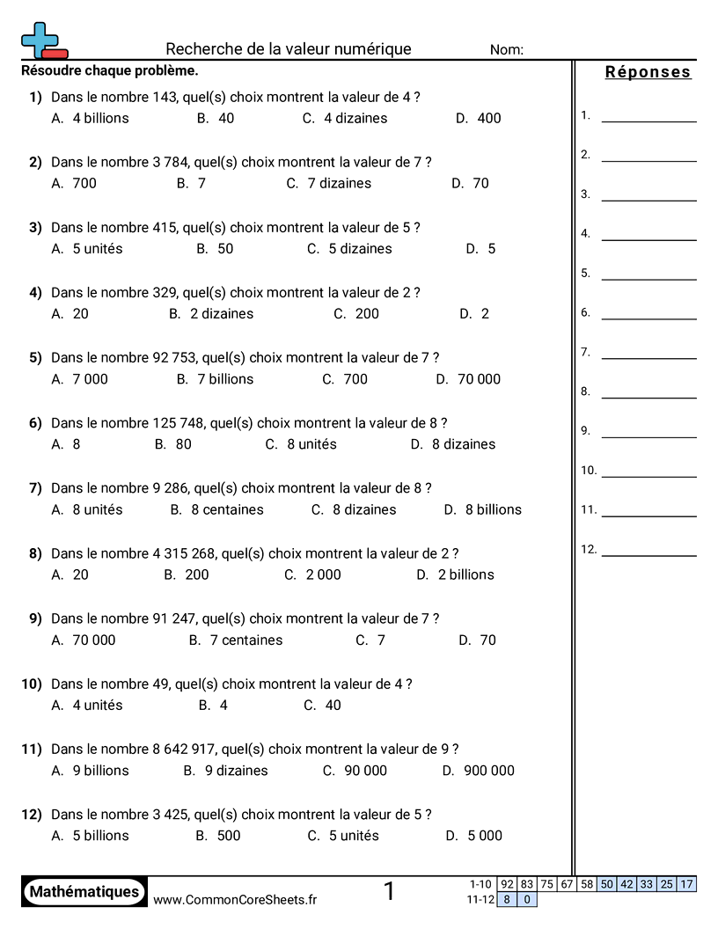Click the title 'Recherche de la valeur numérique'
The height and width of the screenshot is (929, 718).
pyautogui.click(x=288, y=49)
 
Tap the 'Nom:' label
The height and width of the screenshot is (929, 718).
pyautogui.click(x=506, y=50)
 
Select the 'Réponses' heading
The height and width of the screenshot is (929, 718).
pyautogui.click(x=648, y=72)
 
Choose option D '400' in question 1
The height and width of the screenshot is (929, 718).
pyautogui.click(x=488, y=118)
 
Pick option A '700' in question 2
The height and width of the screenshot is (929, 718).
pyautogui.click(x=84, y=183)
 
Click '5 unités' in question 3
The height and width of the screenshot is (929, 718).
pyautogui.click(x=97, y=248)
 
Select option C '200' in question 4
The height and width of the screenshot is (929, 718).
pyautogui.click(x=367, y=313)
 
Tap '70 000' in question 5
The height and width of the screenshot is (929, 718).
pyautogui.click(x=479, y=379)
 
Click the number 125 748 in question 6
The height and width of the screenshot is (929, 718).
pyautogui.click(x=177, y=423)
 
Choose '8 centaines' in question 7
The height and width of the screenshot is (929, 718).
pyautogui.click(x=227, y=509)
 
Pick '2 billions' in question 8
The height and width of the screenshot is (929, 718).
pyautogui.click(x=465, y=574)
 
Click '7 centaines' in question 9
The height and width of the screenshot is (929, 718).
pyautogui.click(x=245, y=640)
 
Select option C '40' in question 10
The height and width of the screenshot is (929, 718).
pyautogui.click(x=333, y=705)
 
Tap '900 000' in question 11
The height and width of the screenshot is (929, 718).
pyautogui.click(x=488, y=771)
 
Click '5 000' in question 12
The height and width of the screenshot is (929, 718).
pyautogui.click(x=484, y=836)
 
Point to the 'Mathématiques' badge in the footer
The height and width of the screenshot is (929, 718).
pyautogui.click(x=84, y=891)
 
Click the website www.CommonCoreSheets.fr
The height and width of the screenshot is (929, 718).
pyautogui.click(x=235, y=899)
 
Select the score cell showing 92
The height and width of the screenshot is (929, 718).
pyautogui.click(x=507, y=884)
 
